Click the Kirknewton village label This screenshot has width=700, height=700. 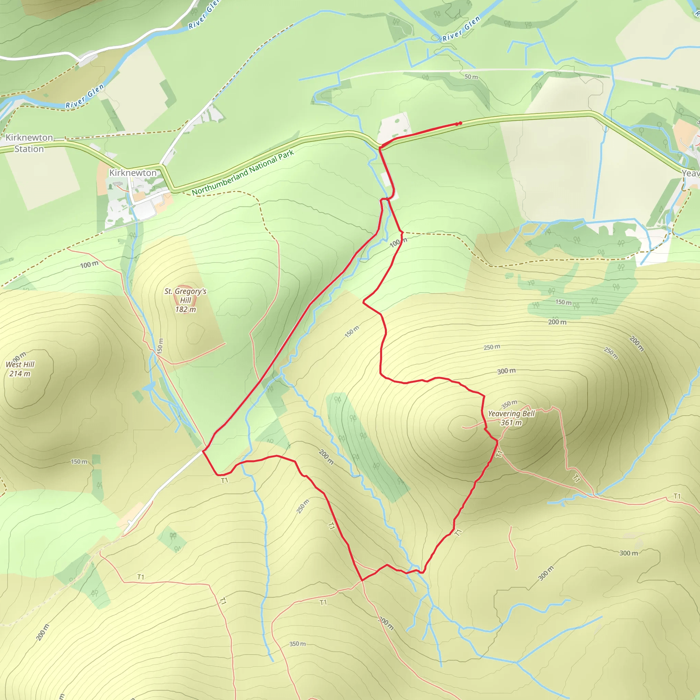(133, 173)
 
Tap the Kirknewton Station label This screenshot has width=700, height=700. (29, 143)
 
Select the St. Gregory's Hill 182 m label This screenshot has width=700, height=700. (185, 300)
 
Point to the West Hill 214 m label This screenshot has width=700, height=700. (20, 369)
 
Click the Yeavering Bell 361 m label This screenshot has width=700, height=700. (511, 418)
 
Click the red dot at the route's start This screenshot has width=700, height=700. (460, 123)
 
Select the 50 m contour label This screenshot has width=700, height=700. (471, 77)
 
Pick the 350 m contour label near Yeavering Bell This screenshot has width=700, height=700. (509, 404)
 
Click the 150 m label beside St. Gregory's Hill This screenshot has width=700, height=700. (160, 346)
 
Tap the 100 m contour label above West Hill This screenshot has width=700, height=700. (89, 265)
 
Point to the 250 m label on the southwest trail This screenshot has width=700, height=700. (303, 506)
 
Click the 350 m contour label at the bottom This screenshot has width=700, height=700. (297, 644)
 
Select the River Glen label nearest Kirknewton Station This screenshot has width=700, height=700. (85, 96)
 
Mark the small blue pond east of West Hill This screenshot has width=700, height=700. (149, 388)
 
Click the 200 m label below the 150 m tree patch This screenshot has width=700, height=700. (557, 322)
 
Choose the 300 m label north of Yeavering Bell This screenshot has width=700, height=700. (506, 371)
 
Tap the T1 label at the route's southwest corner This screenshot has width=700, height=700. (225, 481)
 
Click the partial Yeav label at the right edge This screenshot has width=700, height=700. (690, 173)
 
